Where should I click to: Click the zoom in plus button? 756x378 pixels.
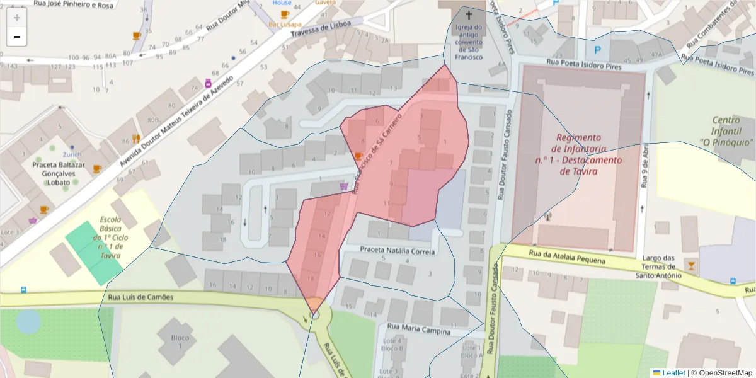(x=16, y=18)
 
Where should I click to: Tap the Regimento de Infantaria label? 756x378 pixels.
(x=578, y=154)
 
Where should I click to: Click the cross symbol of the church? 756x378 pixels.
(x=468, y=14)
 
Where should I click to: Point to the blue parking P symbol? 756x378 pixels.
(x=597, y=48)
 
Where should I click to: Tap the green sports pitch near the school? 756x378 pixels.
(x=94, y=251)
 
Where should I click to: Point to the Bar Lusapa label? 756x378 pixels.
(x=284, y=24)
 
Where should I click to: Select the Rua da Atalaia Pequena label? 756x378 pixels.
(x=567, y=256)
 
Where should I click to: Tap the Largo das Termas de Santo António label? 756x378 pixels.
(x=658, y=266)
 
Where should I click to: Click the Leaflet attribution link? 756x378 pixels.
(x=673, y=373)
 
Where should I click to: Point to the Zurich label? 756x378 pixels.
(x=72, y=154)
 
